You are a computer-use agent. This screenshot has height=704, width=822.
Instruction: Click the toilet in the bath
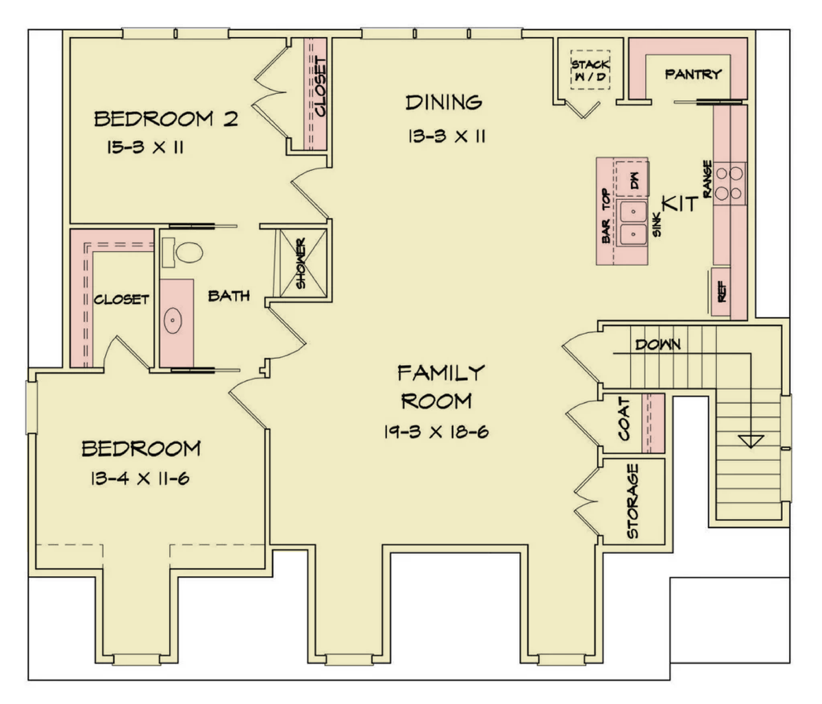[x=184, y=252]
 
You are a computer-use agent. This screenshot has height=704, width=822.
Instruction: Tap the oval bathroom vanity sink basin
[x=173, y=320]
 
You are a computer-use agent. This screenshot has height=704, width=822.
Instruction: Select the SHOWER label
[x=301, y=263]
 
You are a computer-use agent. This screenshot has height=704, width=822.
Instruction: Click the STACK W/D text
[x=590, y=71]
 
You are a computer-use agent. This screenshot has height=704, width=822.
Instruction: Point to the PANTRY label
[x=693, y=74]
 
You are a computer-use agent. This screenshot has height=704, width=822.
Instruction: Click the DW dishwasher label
[x=634, y=180]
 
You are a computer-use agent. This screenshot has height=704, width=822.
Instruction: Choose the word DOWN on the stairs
[x=658, y=344]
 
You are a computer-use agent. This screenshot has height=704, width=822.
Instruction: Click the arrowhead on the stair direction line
[x=751, y=442]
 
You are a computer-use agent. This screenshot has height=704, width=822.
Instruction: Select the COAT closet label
[x=624, y=418]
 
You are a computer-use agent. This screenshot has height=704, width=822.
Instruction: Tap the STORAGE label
[x=632, y=501]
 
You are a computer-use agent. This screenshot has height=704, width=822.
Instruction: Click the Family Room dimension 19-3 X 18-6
[x=436, y=431]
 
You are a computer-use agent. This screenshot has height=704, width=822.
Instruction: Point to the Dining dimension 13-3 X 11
[x=447, y=137]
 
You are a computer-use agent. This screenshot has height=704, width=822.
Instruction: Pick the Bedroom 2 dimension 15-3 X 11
[x=145, y=148]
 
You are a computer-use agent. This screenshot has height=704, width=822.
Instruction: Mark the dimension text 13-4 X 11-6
[x=140, y=479]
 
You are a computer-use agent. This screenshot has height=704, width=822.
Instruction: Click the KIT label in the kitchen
[x=680, y=203]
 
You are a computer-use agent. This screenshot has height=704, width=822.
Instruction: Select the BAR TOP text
[x=606, y=216]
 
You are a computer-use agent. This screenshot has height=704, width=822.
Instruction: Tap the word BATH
[x=229, y=296]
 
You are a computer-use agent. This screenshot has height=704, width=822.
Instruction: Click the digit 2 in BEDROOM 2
[x=230, y=119]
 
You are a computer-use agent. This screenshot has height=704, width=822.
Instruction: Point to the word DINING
[x=444, y=103]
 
